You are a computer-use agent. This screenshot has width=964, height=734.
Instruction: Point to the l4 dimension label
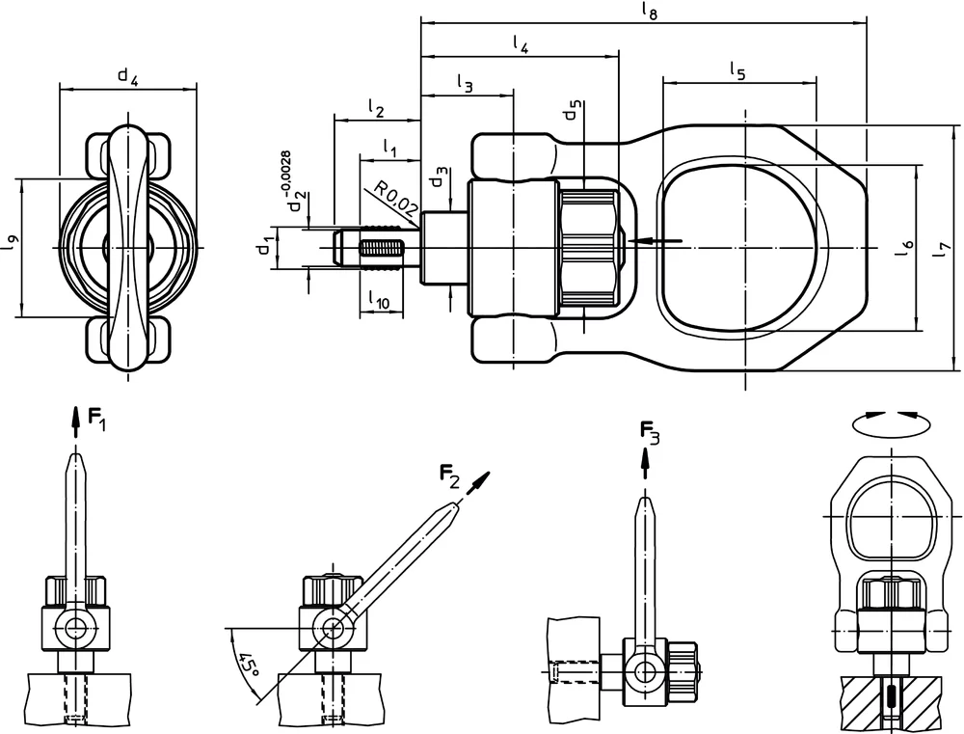click(521, 43)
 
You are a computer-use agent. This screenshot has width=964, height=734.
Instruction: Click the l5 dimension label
click(737, 71)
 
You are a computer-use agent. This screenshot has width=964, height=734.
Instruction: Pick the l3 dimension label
click(466, 86)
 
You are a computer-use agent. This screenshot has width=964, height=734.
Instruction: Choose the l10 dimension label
click(380, 303)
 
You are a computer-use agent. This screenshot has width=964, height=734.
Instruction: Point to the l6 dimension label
click(903, 248)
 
